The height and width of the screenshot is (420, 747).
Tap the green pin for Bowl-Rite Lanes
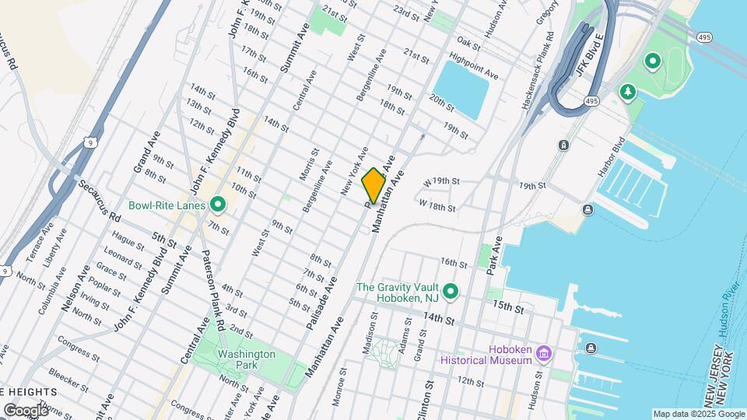[219, 205]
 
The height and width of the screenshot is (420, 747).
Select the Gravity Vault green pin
[451, 292]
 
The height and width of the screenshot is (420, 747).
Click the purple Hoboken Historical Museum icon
[543, 354]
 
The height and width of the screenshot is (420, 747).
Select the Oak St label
[468, 40]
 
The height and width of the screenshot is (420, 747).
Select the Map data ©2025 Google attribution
[698, 414]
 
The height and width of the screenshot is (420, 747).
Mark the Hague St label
[128, 243]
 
